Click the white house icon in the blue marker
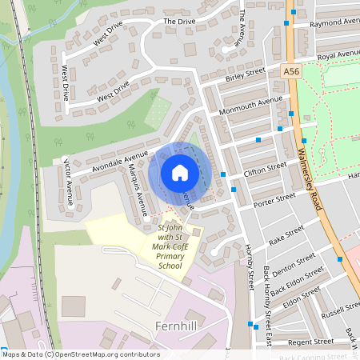click(x=180, y=173)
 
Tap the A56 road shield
click(x=294, y=71)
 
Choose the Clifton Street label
click(x=265, y=170)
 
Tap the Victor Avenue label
click(x=68, y=183)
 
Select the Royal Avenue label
click(x=338, y=55)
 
